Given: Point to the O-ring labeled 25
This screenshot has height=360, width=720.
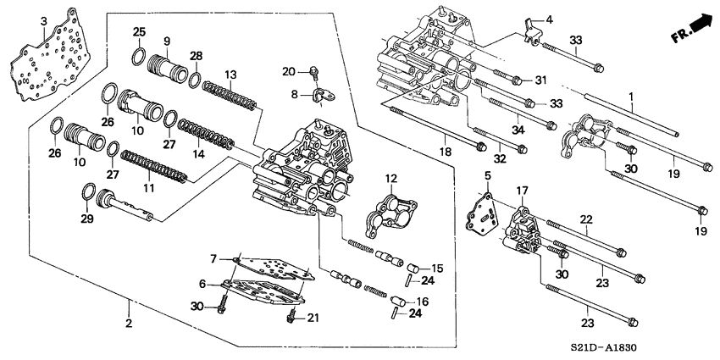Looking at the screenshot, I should [x=139, y=57].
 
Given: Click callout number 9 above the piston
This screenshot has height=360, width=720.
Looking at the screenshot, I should [x=167, y=41].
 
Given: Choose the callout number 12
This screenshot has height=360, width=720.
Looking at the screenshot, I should [x=390, y=178].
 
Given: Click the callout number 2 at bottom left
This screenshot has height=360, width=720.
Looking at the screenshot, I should [x=129, y=324].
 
